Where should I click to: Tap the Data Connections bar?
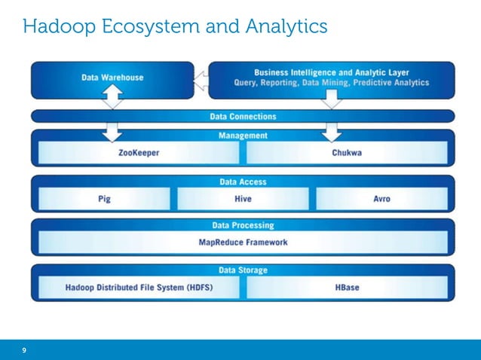point(242,117)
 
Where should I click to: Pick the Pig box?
point(104,199)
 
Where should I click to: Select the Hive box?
point(242,199)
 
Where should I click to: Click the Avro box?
point(381,199)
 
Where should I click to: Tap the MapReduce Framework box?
point(242,243)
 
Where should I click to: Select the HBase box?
point(348,287)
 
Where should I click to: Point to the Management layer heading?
point(242,136)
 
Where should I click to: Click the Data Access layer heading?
point(242,182)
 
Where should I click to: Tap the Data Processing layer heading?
point(242,225)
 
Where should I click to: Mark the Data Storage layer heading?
point(242,270)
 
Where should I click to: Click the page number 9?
point(24,351)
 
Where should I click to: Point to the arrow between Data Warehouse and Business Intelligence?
point(200,78)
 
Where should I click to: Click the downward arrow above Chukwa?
point(330,132)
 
